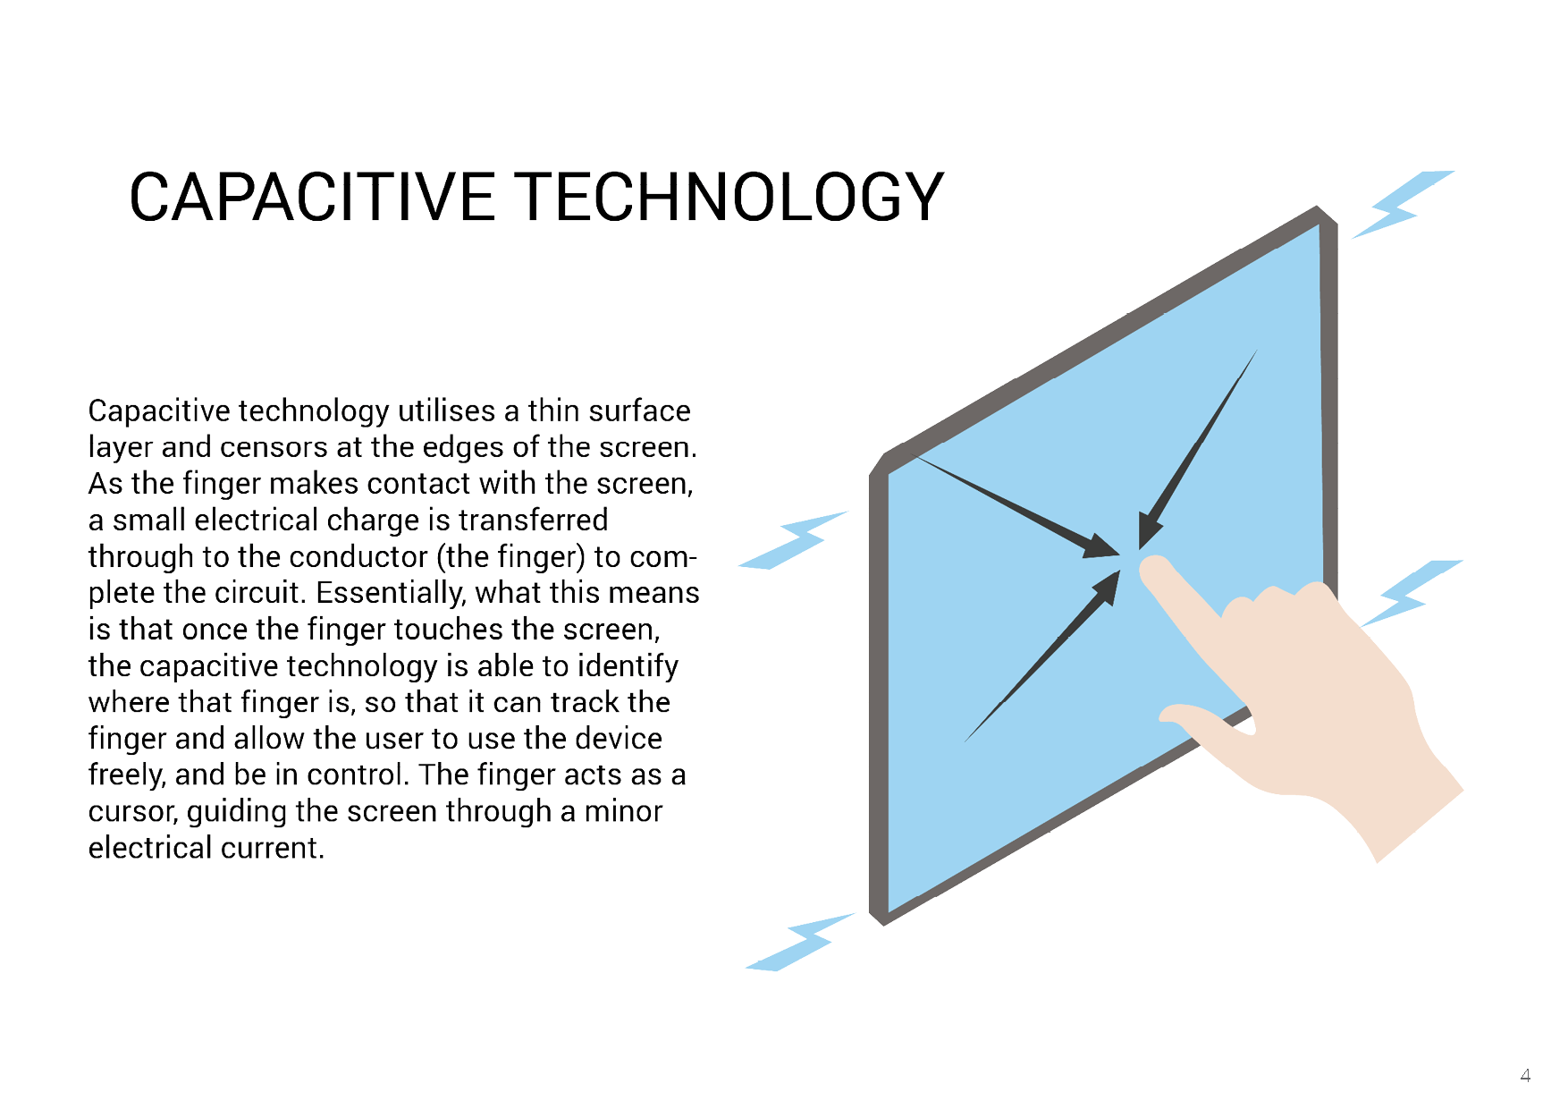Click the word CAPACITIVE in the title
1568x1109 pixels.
point(312,197)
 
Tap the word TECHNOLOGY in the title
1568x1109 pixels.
point(730,197)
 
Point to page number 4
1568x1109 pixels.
point(1525,1075)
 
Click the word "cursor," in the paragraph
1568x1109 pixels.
point(133,812)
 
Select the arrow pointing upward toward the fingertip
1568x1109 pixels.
point(1042,656)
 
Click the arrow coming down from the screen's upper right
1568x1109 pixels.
point(1198,449)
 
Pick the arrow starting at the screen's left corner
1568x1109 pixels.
point(1016,507)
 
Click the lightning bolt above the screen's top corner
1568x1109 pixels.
point(1402,205)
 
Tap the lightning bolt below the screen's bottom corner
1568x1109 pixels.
point(800,942)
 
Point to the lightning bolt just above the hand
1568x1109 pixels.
point(1412,592)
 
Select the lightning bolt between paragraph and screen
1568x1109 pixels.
point(794,540)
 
